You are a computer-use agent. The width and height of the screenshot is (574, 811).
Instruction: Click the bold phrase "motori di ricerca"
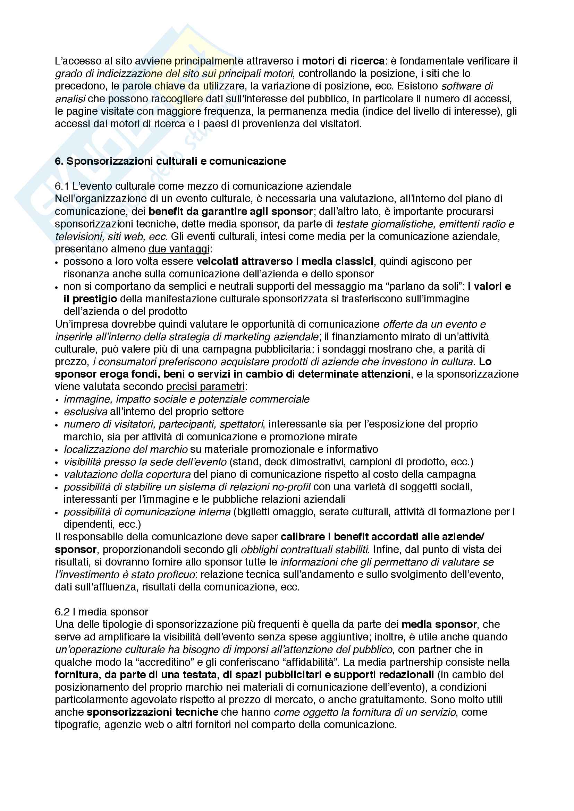(x=343, y=61)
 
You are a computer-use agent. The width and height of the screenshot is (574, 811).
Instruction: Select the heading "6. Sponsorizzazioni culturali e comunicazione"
(x=170, y=162)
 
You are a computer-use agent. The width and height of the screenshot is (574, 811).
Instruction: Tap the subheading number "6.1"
(x=62, y=186)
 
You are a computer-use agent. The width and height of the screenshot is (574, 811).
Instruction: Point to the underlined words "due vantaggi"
(x=179, y=249)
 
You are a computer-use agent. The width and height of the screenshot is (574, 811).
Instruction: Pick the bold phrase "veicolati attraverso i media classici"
(x=285, y=261)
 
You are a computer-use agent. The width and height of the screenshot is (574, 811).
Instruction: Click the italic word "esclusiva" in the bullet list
(x=85, y=412)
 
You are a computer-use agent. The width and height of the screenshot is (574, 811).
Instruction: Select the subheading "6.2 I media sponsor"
(x=101, y=612)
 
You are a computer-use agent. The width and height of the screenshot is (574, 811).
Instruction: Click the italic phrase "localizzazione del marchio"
(x=126, y=449)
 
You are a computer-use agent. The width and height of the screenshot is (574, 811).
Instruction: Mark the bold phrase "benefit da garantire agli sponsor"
(x=230, y=212)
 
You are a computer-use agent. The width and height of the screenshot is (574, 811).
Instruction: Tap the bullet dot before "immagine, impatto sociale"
(x=57, y=400)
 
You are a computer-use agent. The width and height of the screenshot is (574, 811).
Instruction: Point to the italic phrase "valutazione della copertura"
(x=127, y=474)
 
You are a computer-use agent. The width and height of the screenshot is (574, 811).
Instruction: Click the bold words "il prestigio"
(x=90, y=299)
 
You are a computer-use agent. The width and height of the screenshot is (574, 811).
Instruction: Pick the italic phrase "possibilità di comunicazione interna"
(x=147, y=512)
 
